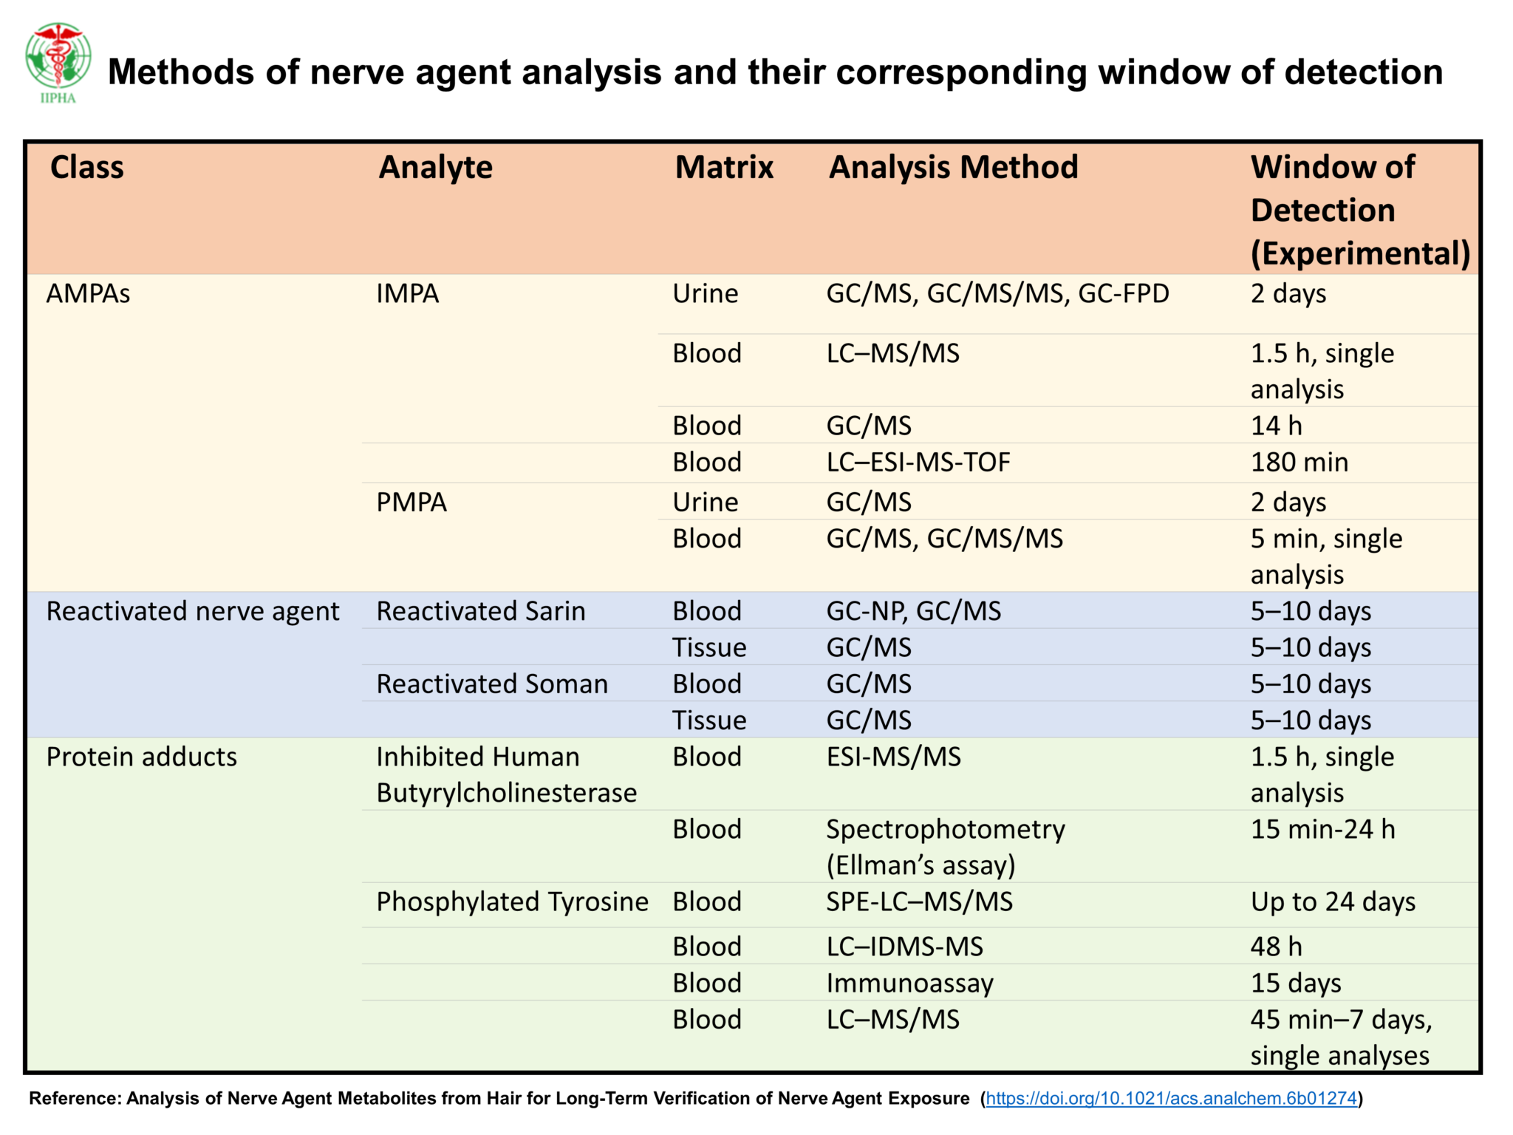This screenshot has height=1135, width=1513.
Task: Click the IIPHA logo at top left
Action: point(58,62)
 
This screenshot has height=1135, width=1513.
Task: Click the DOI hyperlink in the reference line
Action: point(1171,1098)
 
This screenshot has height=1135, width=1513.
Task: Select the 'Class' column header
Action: point(87,167)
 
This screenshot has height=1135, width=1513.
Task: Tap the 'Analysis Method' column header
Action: point(953,167)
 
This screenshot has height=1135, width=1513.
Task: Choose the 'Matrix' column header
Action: point(724,167)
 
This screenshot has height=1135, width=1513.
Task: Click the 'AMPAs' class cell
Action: point(88,294)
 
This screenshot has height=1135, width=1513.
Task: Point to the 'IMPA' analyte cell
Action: point(408,294)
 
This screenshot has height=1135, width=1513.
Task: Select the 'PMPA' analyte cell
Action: point(411,502)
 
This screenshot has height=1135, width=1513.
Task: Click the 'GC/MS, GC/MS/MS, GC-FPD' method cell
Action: point(997,294)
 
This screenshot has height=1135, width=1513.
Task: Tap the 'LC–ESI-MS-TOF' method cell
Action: point(918,463)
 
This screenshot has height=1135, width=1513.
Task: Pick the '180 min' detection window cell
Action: point(1299,463)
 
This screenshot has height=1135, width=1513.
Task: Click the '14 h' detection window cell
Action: point(1276,426)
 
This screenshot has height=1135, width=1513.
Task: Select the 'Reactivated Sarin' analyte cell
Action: point(481,611)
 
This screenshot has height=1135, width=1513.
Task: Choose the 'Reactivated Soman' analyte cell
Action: point(492,684)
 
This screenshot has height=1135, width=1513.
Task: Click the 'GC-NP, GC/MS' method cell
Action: point(913,611)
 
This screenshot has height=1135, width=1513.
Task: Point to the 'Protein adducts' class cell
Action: point(142,757)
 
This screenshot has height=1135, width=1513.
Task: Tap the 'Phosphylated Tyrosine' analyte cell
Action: point(512,902)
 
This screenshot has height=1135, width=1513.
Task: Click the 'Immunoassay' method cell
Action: point(909,984)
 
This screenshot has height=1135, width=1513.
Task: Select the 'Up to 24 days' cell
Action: point(1333,902)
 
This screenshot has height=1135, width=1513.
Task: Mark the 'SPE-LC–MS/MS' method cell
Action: point(919,902)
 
